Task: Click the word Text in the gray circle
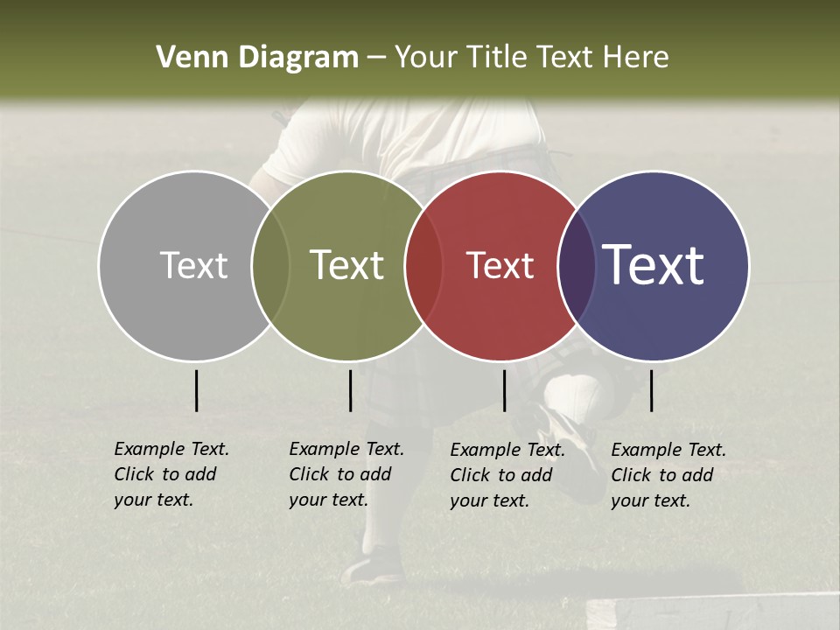193,265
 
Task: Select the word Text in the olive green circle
346,265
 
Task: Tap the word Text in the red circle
500,265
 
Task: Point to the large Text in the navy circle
653,264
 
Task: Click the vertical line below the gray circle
196,390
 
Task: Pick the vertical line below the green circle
350,390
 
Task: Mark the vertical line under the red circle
504,390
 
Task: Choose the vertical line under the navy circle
651,390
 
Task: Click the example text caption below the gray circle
171,474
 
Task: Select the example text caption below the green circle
346,474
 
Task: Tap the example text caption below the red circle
507,475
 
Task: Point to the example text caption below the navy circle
668,475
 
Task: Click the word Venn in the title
186,58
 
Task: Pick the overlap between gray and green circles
270,265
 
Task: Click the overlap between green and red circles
424,265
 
